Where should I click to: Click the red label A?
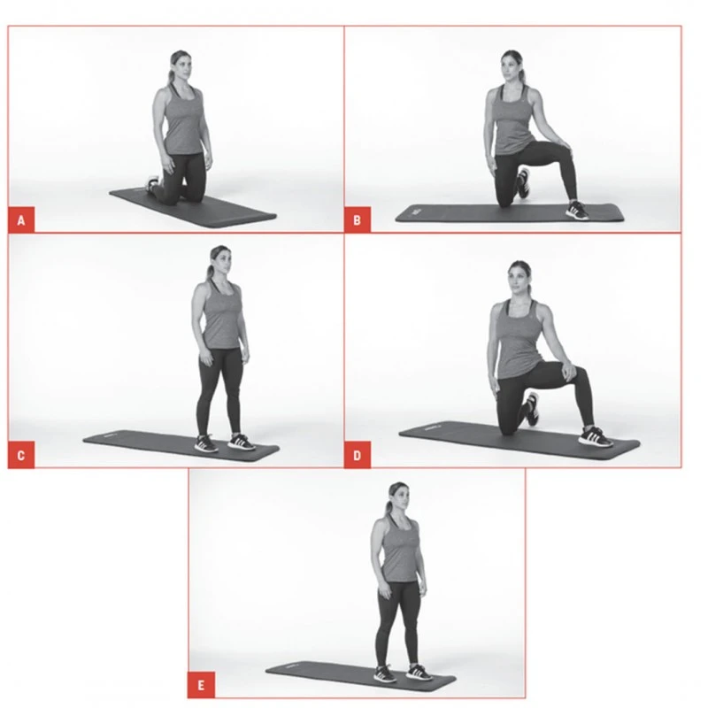pos(21,219)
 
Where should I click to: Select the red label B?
pos(358,219)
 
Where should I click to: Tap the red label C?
pos(21,457)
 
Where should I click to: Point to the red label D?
pos(358,457)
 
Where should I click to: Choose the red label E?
pos(201,686)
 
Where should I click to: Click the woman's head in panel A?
pos(181,67)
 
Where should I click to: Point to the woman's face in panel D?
pos(519,280)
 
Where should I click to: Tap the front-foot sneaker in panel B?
pos(577,210)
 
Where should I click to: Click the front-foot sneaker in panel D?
pos(596,435)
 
